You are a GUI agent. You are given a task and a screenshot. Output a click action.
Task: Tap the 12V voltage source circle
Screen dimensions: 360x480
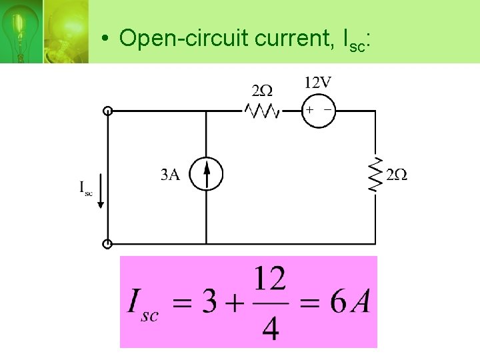318,110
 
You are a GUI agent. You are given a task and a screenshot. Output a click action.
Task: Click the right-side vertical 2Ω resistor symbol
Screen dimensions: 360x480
376,175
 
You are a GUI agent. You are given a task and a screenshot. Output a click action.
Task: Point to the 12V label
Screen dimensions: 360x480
317,83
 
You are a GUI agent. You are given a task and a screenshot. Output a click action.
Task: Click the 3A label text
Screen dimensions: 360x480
171,175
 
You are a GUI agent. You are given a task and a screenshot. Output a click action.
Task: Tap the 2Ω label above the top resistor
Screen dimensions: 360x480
261,90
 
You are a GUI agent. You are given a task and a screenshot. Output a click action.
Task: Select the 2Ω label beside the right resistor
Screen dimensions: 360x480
397,175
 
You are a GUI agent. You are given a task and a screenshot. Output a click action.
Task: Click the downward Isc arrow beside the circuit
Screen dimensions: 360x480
100,191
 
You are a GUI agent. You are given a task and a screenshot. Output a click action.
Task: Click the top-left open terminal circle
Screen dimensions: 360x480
107,111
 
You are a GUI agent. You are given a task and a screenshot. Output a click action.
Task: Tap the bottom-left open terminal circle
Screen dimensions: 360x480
107,244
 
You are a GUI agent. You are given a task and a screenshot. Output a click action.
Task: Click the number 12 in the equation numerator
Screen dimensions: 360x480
270,279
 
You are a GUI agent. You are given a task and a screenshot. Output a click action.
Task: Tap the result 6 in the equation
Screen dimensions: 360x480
338,303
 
